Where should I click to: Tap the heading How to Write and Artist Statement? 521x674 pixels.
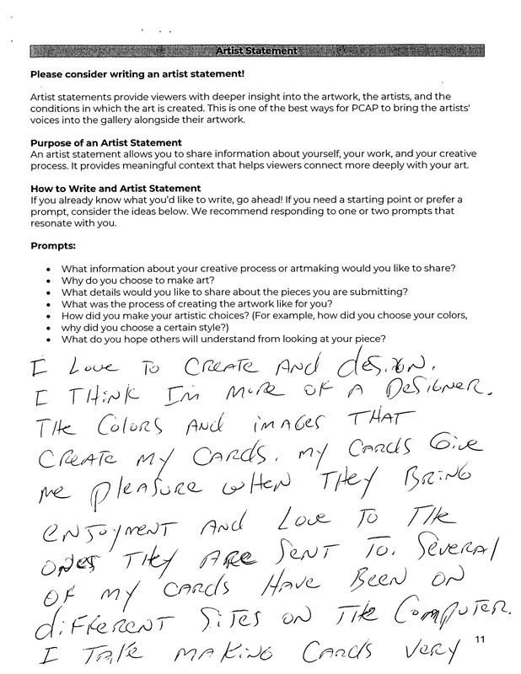115,188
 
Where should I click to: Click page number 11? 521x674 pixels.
481,641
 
